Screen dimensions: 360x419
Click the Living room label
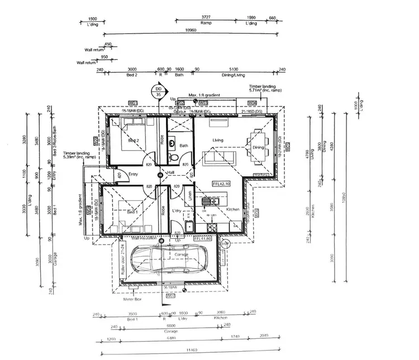click(217, 140)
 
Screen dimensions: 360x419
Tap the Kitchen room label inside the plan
click(233, 209)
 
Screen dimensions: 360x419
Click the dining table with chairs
click(258, 147)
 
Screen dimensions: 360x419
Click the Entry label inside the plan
click(133, 175)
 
